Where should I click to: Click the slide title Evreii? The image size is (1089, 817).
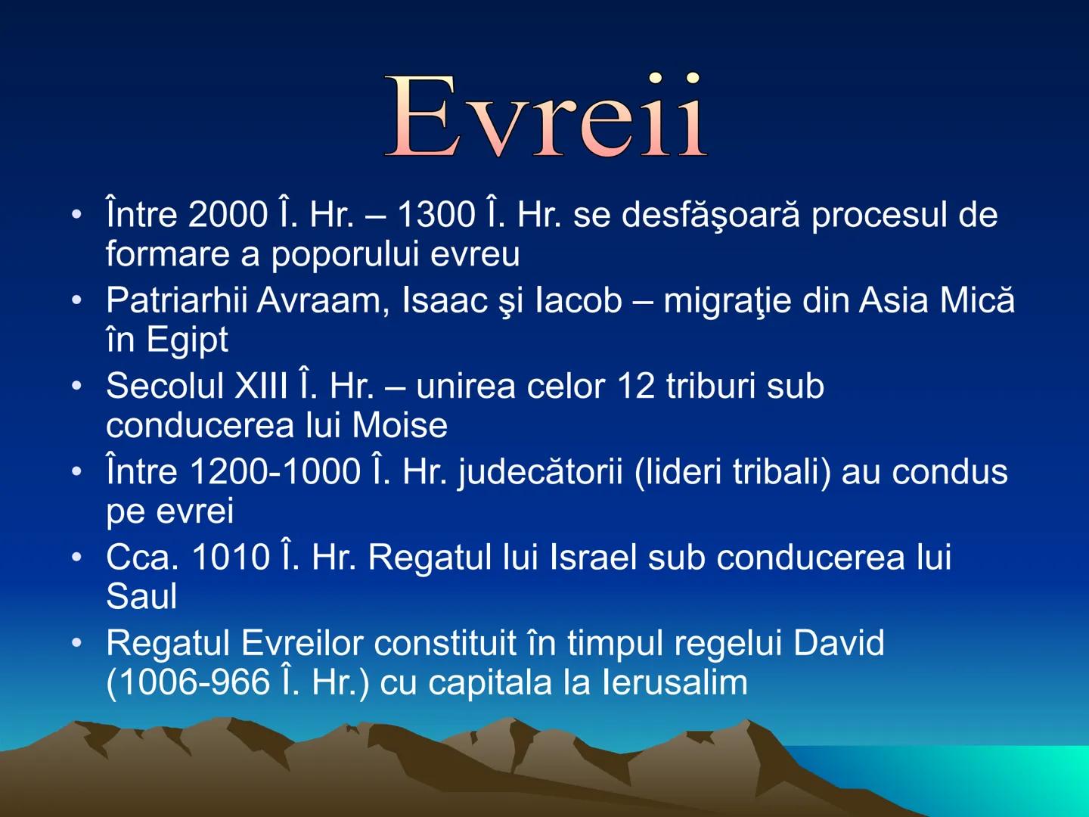[546, 117]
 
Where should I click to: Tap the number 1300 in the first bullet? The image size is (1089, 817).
[436, 215]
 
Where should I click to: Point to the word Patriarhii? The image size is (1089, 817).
[176, 300]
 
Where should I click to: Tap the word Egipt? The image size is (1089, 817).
[187, 340]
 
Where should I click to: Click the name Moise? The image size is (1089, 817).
[399, 425]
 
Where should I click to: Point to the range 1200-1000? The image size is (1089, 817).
[275, 472]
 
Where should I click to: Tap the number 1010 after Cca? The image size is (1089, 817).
[230, 558]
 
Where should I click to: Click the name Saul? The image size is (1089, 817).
[141, 597]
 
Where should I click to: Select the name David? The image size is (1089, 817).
[838, 644]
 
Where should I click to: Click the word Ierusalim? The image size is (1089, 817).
[675, 682]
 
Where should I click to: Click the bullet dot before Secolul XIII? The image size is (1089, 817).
[76, 387]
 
